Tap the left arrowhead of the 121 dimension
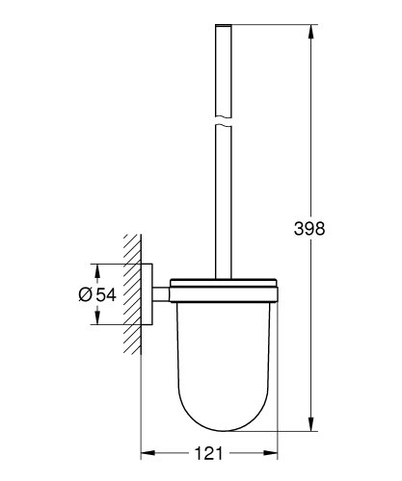pos(147,449)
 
